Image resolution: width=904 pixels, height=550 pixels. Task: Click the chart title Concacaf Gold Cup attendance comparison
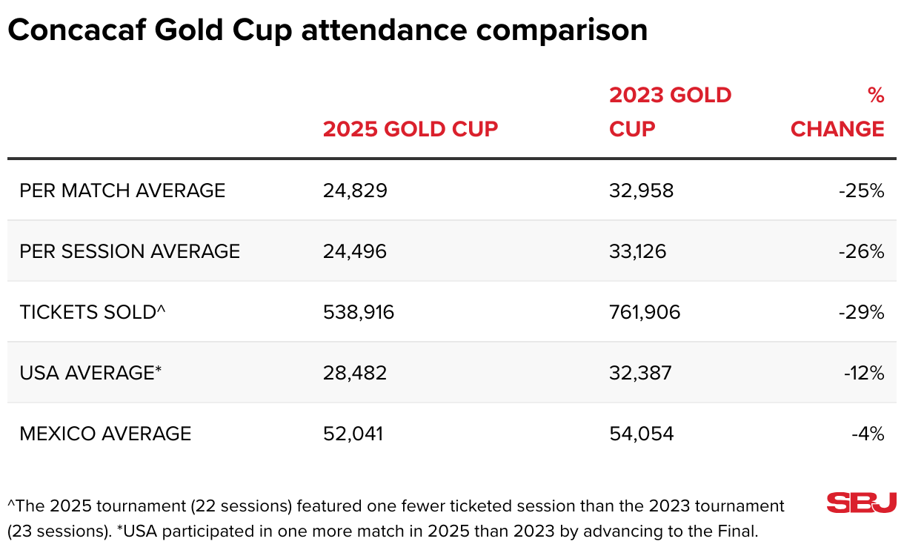click(328, 30)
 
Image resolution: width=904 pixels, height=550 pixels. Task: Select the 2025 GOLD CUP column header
click(411, 129)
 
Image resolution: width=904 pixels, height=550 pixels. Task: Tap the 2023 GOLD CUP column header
click(670, 112)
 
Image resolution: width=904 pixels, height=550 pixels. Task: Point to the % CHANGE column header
click(837, 113)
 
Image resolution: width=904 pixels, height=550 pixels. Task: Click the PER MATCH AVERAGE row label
click(122, 190)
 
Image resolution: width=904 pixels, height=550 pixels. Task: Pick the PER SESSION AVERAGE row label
click(130, 251)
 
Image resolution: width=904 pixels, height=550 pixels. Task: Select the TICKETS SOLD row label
click(92, 312)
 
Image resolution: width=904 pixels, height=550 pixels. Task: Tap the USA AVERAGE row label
click(90, 373)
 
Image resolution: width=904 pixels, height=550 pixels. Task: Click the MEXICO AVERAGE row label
click(105, 434)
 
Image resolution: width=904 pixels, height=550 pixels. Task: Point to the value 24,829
click(355, 190)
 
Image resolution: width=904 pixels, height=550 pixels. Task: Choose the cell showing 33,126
click(637, 251)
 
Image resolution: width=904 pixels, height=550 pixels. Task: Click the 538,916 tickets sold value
click(359, 312)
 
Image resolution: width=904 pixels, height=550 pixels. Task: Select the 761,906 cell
click(645, 312)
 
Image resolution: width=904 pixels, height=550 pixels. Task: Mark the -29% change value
click(862, 312)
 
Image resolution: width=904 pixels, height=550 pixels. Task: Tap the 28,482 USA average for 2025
click(355, 373)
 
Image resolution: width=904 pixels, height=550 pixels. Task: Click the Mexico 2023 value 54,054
click(642, 434)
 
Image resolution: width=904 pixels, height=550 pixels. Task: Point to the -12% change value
click(864, 373)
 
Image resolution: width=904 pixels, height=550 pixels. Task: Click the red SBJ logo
click(862, 503)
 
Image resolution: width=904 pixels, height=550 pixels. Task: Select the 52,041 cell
click(353, 434)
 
